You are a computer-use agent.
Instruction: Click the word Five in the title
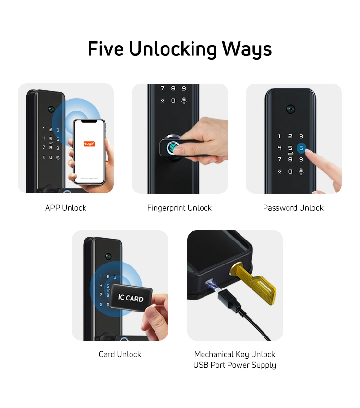[106, 48]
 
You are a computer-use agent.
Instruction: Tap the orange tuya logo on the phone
[89, 144]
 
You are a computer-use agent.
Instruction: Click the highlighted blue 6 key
[301, 148]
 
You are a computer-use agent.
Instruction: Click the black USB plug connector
[229, 299]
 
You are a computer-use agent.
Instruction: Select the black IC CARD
[131, 297]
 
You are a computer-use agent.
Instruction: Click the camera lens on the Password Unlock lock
[290, 109]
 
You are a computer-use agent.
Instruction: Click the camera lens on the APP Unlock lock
[51, 109]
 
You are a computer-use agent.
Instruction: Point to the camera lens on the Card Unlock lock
[108, 256]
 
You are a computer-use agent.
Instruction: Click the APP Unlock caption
[66, 208]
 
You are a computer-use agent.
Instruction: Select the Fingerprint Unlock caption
[180, 208]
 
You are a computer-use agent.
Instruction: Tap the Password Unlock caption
[293, 208]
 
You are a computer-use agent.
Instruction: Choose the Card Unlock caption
[120, 354]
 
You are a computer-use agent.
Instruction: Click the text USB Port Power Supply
[235, 365]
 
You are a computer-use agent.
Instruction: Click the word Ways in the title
[247, 49]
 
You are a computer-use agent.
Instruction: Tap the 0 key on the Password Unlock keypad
[290, 172]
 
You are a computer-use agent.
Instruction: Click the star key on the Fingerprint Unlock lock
[163, 101]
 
